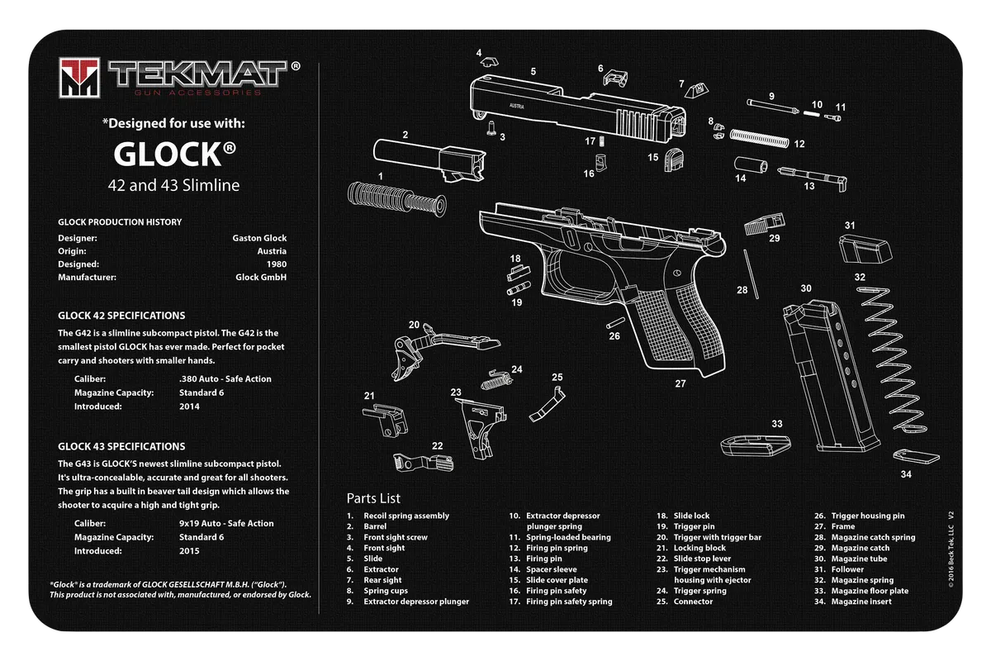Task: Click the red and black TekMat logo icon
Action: point(79,78)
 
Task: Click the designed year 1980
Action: point(277,264)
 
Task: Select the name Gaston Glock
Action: point(259,238)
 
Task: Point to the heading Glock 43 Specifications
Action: point(121,446)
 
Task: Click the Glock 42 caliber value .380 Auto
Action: point(225,379)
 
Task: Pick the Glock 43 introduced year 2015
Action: point(189,551)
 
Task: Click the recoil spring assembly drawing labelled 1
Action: point(397,199)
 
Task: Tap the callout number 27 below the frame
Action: point(680,384)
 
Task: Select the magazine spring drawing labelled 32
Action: point(891,359)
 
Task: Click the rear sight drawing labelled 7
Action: point(696,91)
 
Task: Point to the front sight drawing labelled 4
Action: point(489,61)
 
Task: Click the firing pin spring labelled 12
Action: point(759,138)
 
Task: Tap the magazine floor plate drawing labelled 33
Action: point(755,445)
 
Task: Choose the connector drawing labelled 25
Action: point(548,404)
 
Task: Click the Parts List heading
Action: point(373,498)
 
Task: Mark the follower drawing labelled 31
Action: point(865,250)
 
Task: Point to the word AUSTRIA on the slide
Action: point(517,107)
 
